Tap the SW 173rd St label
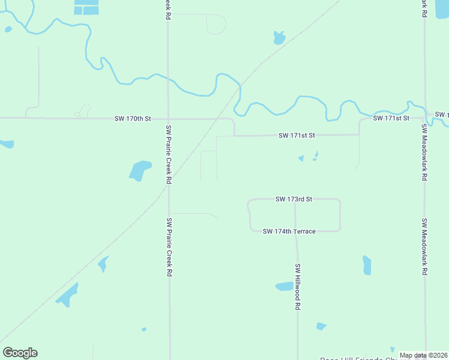click(294, 199)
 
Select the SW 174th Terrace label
click(289, 231)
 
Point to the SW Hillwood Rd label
click(297, 287)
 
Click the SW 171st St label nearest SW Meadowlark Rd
click(391, 118)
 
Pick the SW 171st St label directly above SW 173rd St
click(297, 136)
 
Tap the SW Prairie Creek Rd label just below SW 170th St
click(169, 154)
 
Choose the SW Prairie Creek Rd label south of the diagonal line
click(169, 247)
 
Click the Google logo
click(20, 353)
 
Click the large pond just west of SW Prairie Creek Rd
click(140, 170)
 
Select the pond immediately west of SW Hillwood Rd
click(284, 286)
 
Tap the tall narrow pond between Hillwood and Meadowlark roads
click(367, 265)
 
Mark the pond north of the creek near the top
click(279, 38)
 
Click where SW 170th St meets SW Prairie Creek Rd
click(169, 119)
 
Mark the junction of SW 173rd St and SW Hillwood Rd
click(295, 199)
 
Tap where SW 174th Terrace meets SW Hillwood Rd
click(296, 231)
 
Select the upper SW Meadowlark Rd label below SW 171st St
click(424, 152)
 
